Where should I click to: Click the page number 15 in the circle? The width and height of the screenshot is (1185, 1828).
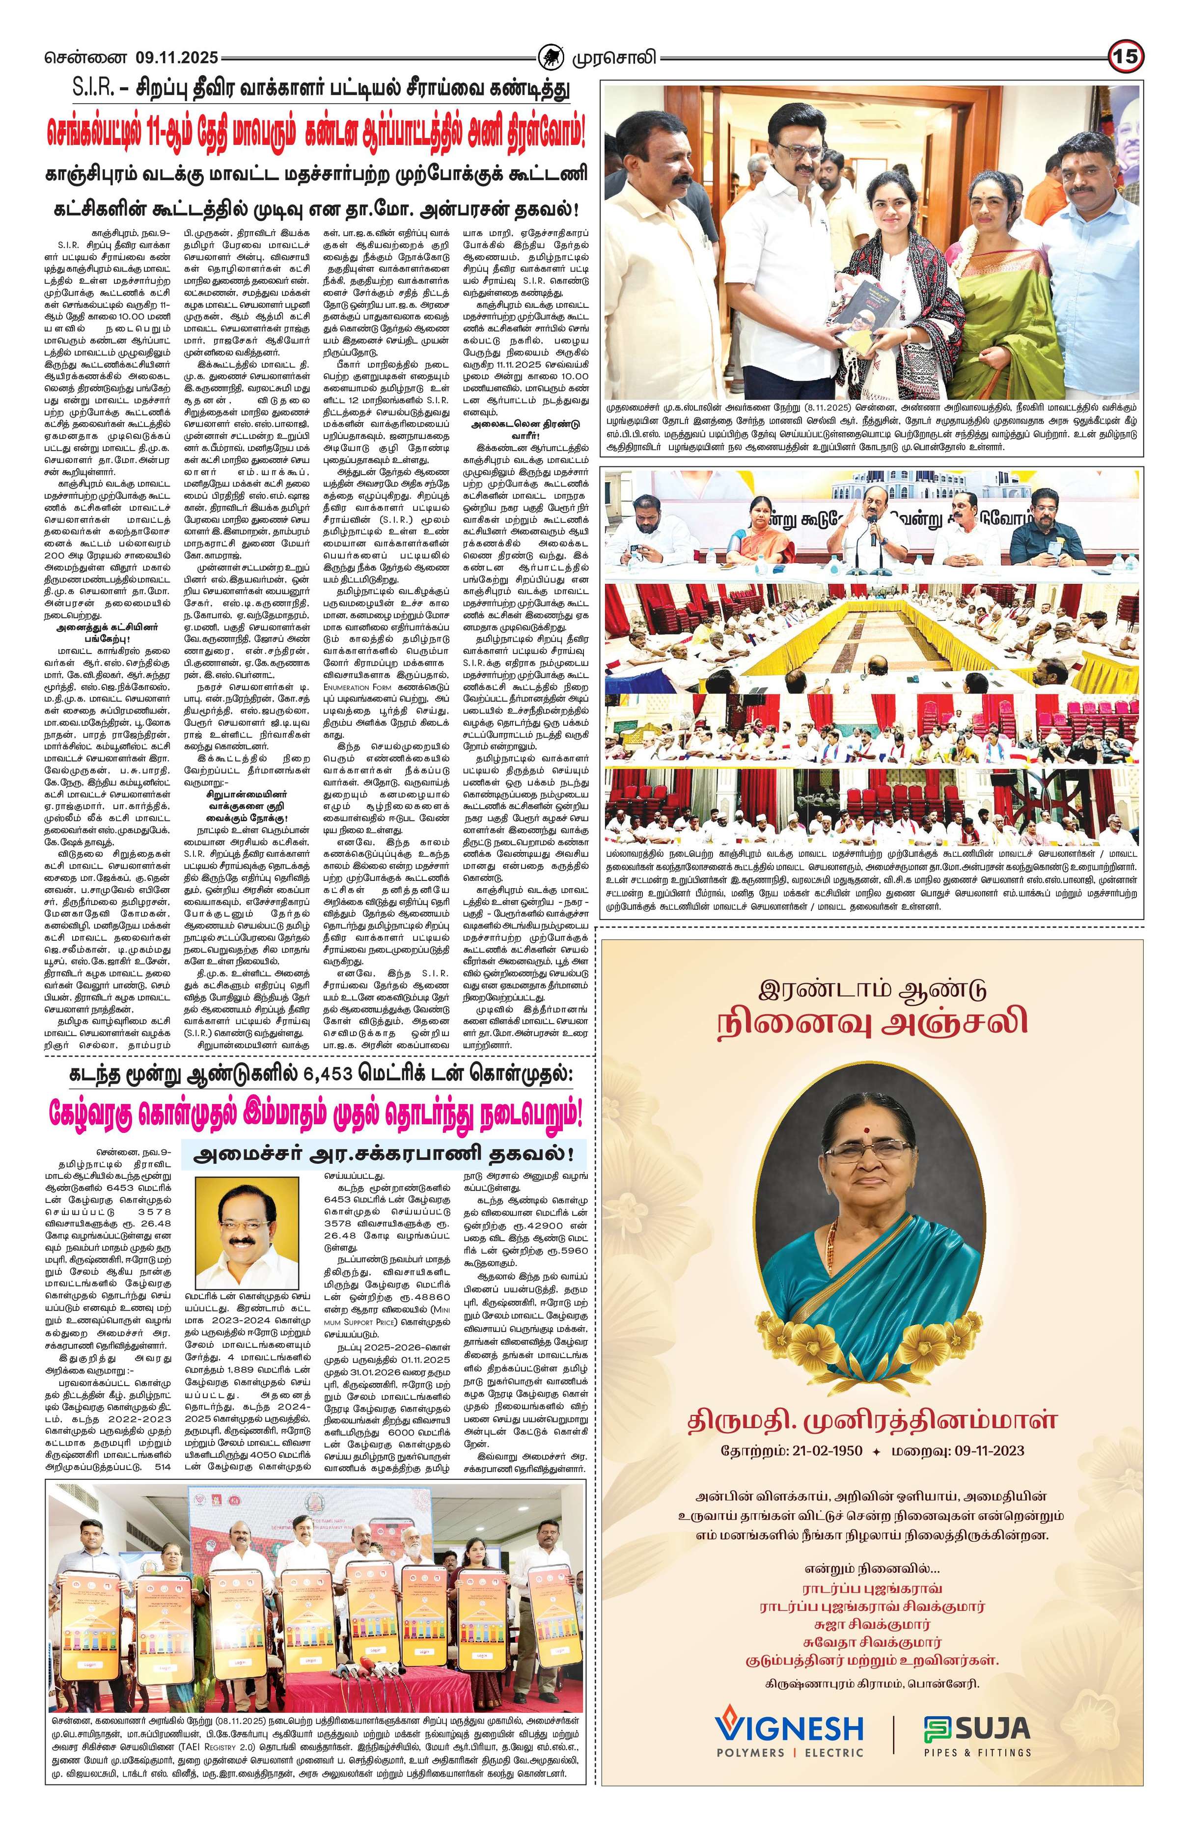pyautogui.click(x=1126, y=57)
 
